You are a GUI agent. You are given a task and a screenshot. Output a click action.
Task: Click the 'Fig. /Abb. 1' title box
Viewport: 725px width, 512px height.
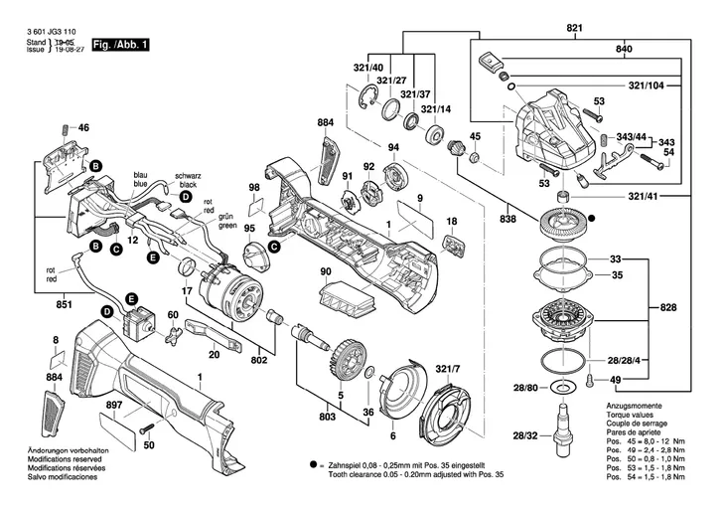120,46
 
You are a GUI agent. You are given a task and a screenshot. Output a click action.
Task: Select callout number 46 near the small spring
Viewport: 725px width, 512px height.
83,127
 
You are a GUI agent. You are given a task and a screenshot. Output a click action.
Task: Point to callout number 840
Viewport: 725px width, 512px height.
623,48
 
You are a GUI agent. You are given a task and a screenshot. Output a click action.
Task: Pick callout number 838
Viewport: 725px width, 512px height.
509,215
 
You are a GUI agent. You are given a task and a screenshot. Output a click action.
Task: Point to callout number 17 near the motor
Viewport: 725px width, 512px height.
186,290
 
